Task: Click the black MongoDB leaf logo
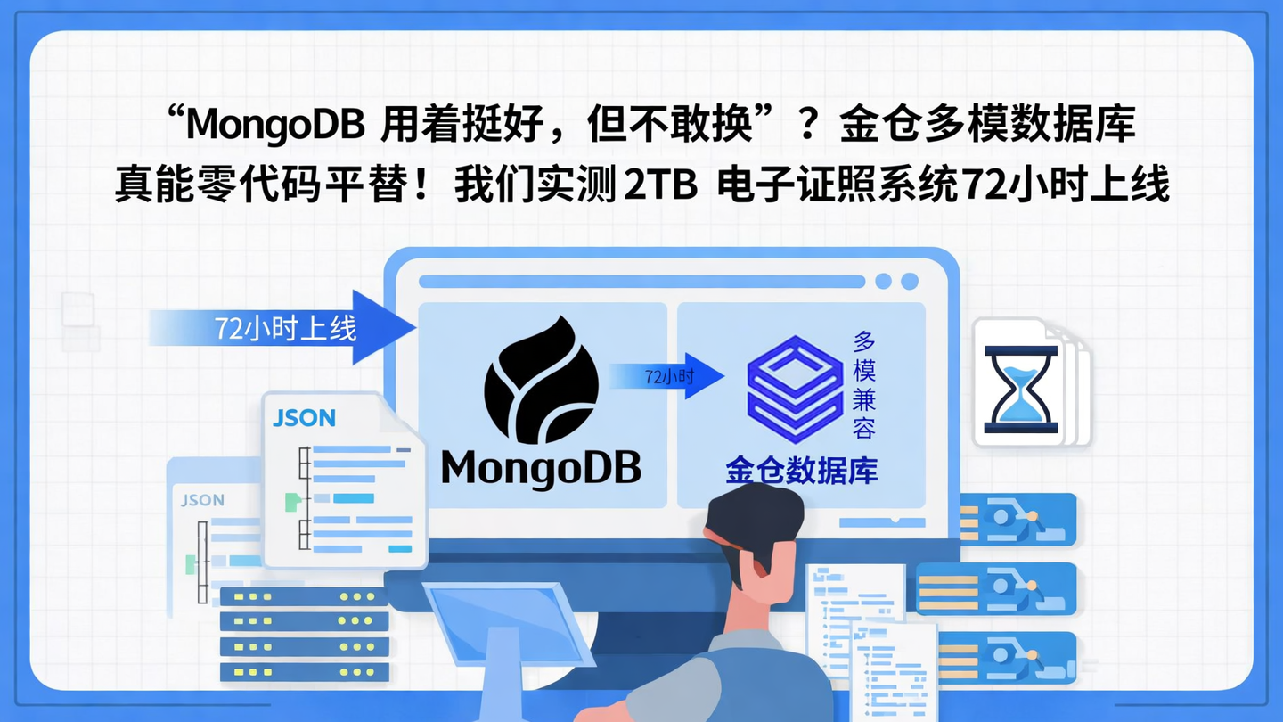(x=541, y=381)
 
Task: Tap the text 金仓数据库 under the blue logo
(x=801, y=471)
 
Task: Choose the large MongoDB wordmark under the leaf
(x=541, y=467)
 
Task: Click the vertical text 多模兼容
(x=863, y=384)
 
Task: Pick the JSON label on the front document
(x=304, y=418)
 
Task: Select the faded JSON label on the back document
(x=202, y=500)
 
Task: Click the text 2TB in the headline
(x=659, y=187)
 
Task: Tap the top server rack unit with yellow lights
(x=303, y=597)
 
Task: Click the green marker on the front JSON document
(x=290, y=502)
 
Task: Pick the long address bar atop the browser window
(x=641, y=282)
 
